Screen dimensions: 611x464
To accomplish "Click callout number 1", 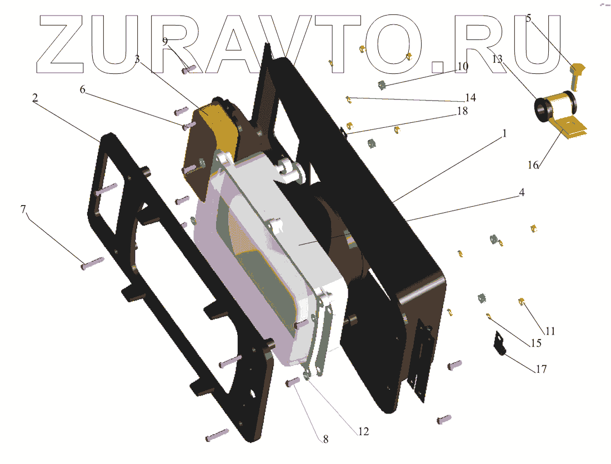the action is pyautogui.click(x=505, y=134).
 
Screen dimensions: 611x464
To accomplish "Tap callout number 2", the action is pyautogui.click(x=35, y=98).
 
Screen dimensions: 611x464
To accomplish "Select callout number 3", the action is pyautogui.click(x=137, y=59).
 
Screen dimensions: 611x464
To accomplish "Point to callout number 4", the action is pyautogui.click(x=522, y=193).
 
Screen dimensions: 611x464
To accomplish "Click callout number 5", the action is pyautogui.click(x=528, y=18).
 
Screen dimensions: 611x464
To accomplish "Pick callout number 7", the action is pyautogui.click(x=23, y=209).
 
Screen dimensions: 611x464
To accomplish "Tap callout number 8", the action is pyautogui.click(x=325, y=439).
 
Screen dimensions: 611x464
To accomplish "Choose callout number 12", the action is pyautogui.click(x=363, y=431).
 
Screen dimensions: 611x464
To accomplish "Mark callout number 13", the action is pyautogui.click(x=497, y=59).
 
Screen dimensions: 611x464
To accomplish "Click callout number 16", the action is pyautogui.click(x=533, y=165).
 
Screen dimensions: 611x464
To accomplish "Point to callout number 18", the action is pyautogui.click(x=462, y=111).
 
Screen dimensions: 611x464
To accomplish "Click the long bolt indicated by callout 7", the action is pyautogui.click(x=92, y=263).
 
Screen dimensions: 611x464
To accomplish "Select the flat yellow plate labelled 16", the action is pyautogui.click(x=569, y=128).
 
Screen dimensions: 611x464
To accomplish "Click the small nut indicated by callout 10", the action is pyautogui.click(x=382, y=85).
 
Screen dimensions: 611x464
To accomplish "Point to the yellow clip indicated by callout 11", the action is pyautogui.click(x=522, y=302).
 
